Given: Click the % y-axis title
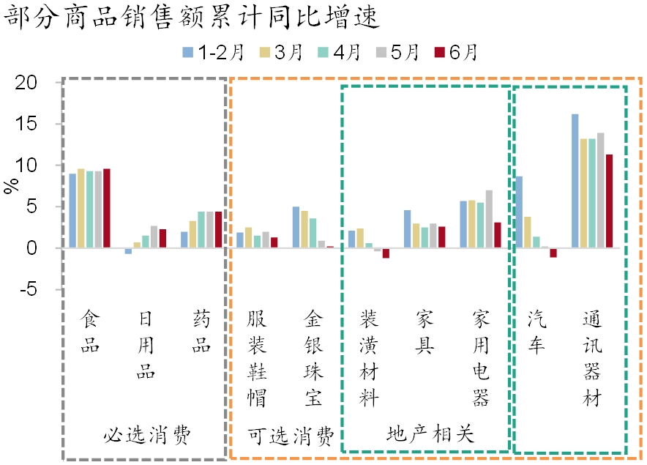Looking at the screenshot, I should pos(12,186).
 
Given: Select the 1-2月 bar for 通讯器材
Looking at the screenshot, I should pos(575,182).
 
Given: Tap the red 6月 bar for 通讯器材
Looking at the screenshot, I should pos(609,201).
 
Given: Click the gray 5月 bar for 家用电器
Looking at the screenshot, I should pos(489,219).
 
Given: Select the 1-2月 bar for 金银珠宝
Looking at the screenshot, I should pos(296,228).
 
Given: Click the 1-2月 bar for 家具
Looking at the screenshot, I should pos(408,229).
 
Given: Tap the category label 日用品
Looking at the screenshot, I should pos(146,345).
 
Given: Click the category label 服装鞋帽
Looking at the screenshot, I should pos(257,358).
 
